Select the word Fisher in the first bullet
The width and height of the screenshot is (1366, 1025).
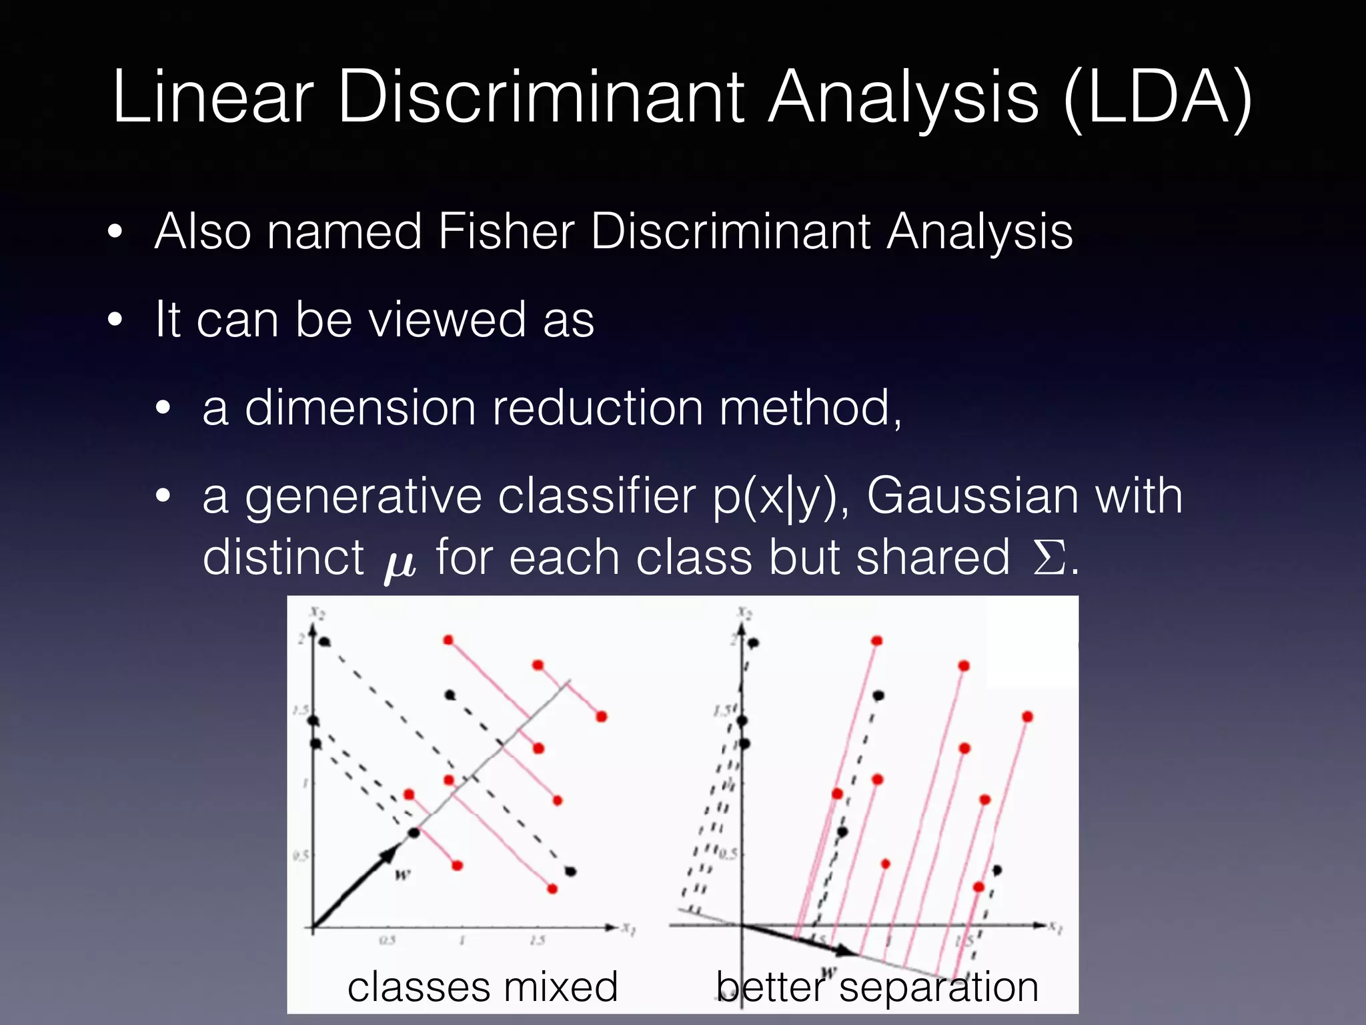[x=506, y=232]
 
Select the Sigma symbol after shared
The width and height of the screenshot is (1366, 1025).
[x=1049, y=559]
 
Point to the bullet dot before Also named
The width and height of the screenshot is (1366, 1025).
[x=115, y=232]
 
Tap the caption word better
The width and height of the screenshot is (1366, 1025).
[x=770, y=987]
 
